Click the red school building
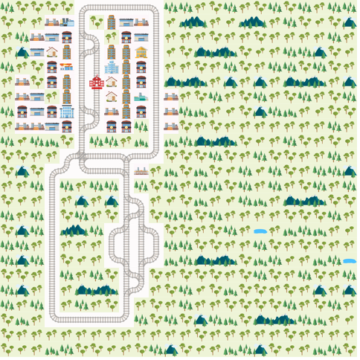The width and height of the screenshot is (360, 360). click(97, 82)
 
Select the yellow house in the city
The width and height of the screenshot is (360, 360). click(141, 52)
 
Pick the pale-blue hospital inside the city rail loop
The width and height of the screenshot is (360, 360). click(112, 67)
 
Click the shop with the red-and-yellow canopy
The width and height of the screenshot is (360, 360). click(67, 67)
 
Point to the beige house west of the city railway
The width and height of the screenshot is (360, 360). click(52, 52)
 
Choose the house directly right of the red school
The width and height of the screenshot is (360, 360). click(112, 82)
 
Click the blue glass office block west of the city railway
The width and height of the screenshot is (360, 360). click(67, 112)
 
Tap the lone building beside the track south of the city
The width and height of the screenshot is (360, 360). click(141, 171)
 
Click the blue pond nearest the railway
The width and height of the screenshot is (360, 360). click(260, 231)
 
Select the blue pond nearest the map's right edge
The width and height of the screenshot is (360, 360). click(350, 261)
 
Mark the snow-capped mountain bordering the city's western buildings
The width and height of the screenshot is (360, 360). click(22, 53)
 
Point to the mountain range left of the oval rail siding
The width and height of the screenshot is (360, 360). click(74, 231)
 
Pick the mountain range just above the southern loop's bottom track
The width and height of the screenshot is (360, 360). click(97, 290)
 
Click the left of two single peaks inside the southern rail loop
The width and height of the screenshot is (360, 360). click(82, 202)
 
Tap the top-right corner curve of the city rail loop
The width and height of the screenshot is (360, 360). click(155, 12)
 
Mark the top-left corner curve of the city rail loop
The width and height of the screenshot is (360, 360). click(83, 12)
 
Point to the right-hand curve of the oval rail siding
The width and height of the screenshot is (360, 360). click(155, 245)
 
